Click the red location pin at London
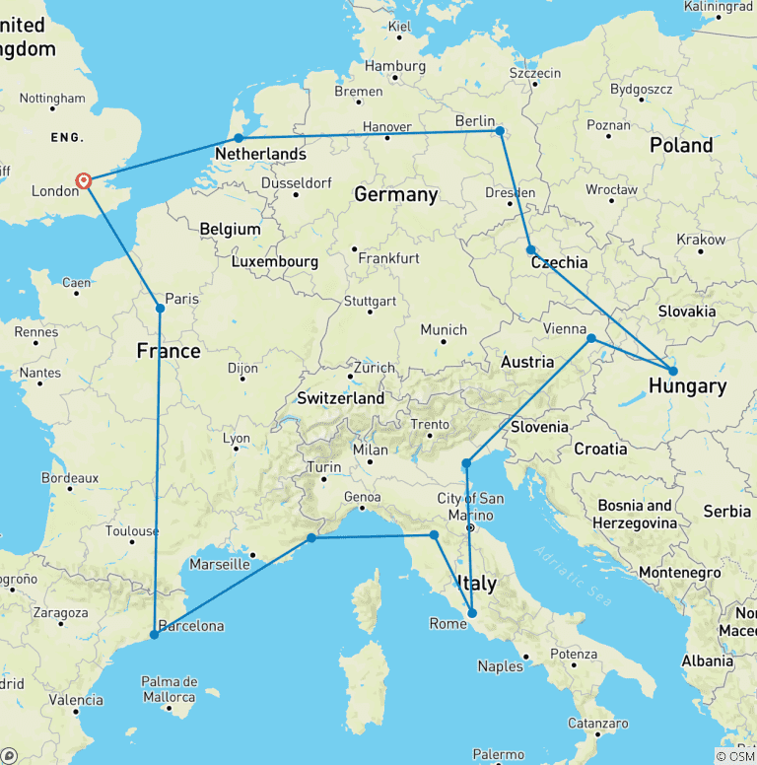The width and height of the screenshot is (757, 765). tap(85, 181)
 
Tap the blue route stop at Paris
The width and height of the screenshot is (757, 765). tap(160, 309)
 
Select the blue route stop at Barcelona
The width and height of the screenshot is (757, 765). tap(154, 635)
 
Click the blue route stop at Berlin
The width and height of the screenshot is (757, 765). tap(500, 130)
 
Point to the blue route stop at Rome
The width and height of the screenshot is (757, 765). tap(471, 613)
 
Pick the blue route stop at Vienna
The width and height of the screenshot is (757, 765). tap(591, 339)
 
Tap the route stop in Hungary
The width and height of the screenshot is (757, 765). tap(673, 372)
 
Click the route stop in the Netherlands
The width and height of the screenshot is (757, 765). tap(238, 138)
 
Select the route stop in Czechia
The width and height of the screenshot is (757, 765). tap(531, 250)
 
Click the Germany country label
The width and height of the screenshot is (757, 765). tap(395, 194)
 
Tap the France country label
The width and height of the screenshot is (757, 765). tap(168, 351)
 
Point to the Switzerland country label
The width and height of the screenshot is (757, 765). tap(341, 398)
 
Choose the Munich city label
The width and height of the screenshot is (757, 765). tap(444, 329)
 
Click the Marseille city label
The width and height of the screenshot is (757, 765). tap(219, 565)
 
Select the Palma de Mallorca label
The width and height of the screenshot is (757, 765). tap(169, 690)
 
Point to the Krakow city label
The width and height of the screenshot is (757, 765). tap(701, 240)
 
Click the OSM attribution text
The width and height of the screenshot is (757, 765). tap(734, 756)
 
